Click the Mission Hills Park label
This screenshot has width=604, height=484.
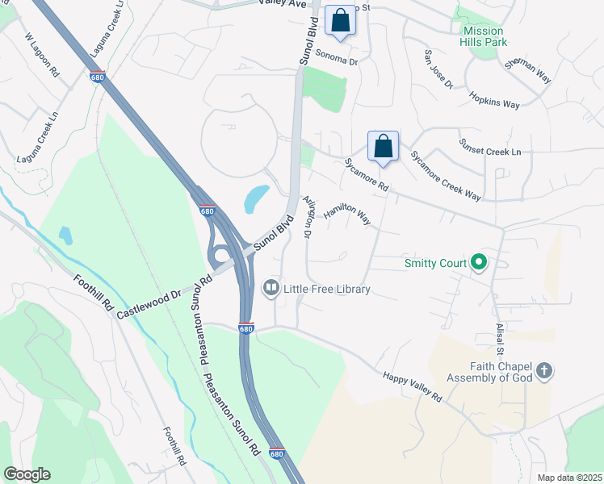[484, 37]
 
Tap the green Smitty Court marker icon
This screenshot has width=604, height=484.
[478, 263]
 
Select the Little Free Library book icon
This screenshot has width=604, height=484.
[271, 289]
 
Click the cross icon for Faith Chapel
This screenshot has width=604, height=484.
[545, 371]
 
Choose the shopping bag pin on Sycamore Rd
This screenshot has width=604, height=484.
[384, 146]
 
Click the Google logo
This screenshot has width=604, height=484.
[27, 474]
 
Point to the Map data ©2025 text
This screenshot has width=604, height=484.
[569, 478]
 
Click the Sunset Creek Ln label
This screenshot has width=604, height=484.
[490, 148]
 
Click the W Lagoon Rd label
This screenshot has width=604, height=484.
[42, 54]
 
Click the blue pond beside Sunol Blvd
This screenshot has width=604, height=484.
[255, 197]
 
